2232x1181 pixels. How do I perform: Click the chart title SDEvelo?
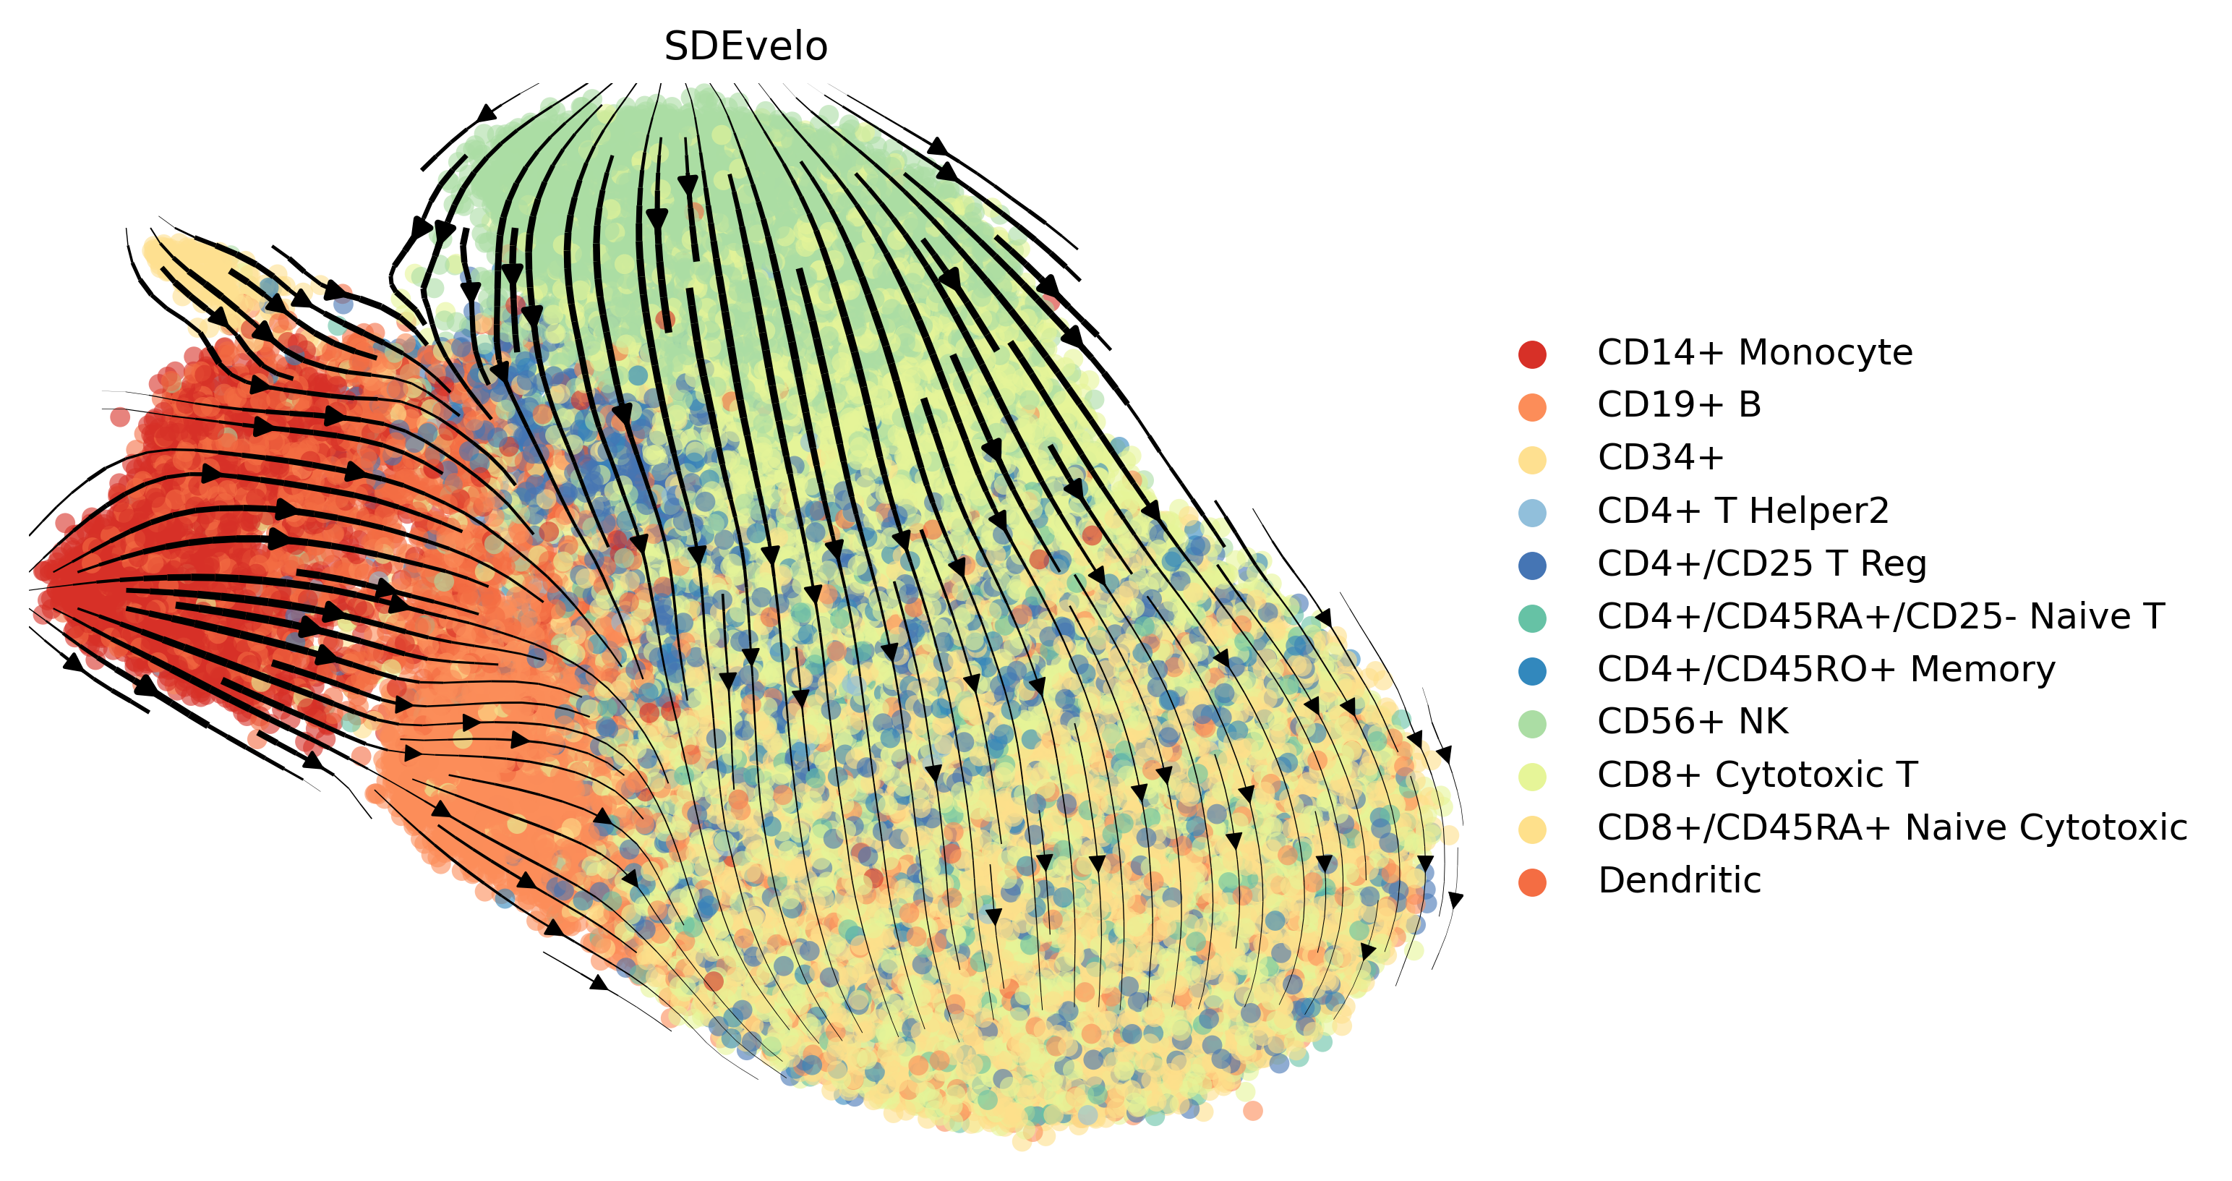point(745,47)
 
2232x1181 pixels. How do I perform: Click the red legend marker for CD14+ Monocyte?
point(1532,354)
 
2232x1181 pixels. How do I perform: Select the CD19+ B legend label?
point(1678,405)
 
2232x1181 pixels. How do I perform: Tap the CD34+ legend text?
point(1660,458)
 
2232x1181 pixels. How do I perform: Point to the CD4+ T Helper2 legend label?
point(1743,511)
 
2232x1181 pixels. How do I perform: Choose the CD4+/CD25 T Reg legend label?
point(1761,563)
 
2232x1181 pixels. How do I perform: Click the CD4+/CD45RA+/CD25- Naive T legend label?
point(1880,616)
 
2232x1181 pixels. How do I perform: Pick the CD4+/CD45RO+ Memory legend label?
point(1826,669)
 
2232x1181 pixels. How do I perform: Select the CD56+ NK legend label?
point(1692,721)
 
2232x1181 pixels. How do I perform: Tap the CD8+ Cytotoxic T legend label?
point(1757,775)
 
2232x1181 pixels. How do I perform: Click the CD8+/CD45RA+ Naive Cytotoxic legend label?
point(1891,827)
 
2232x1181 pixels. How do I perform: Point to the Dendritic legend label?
point(1678,880)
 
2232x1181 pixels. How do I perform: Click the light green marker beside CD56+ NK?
point(1532,722)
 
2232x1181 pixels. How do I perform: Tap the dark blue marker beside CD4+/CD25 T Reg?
point(1532,565)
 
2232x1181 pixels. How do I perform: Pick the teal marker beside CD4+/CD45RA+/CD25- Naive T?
point(1532,618)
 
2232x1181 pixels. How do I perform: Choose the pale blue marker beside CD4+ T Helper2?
point(1532,512)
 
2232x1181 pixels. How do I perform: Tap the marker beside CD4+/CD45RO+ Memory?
point(1532,670)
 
